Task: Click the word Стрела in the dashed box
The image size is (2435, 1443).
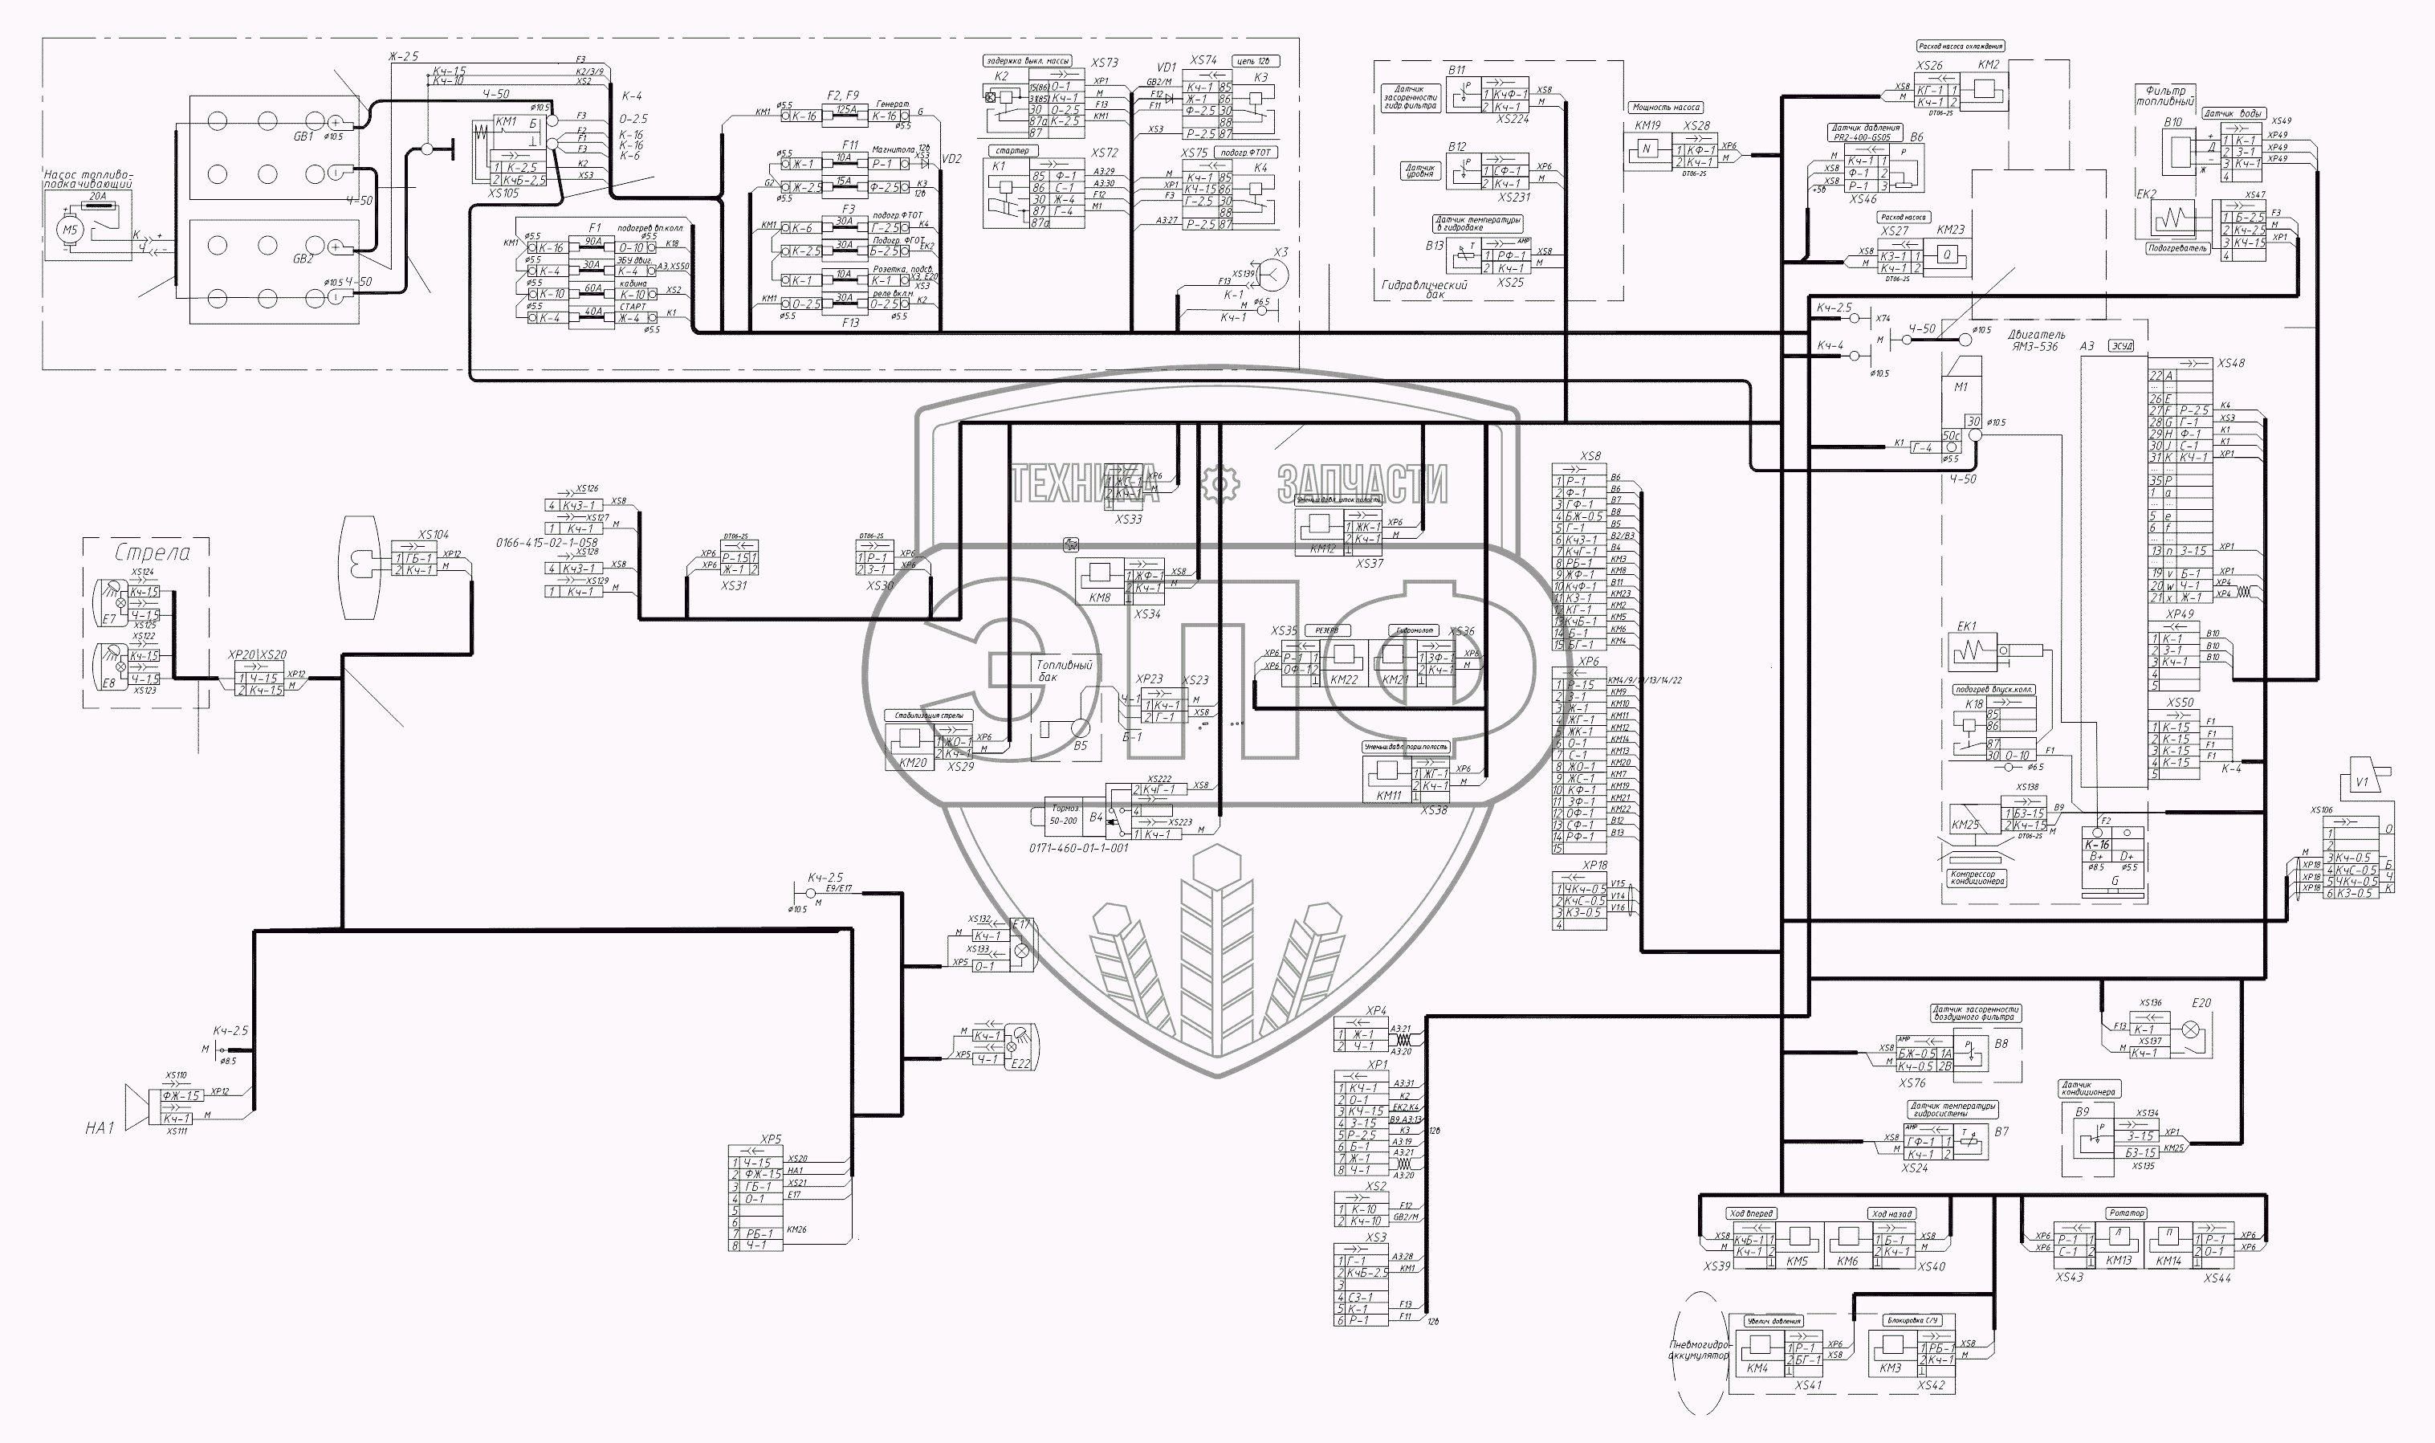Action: (x=153, y=553)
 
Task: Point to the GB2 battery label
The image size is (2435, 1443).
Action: (x=303, y=259)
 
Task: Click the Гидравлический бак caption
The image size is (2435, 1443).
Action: (x=1424, y=290)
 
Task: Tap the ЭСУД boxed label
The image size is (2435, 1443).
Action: (x=2120, y=346)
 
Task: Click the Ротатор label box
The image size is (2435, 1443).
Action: (x=2127, y=1213)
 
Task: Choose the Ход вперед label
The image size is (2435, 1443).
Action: (x=1752, y=1213)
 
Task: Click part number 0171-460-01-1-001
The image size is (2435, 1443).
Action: (x=1079, y=848)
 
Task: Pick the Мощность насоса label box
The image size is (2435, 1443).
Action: (x=1666, y=107)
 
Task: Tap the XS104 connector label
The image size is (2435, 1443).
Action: (x=434, y=535)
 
